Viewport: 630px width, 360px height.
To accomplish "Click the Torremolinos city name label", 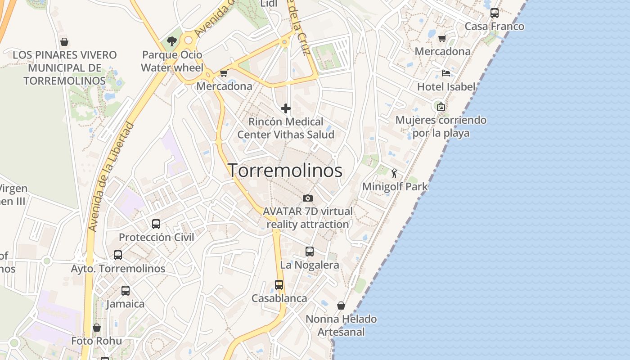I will point(285,171).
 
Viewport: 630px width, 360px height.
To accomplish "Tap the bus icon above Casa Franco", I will point(495,13).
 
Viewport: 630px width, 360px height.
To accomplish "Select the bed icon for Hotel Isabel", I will point(446,73).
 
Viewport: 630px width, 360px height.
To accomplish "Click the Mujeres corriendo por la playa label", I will point(441,126).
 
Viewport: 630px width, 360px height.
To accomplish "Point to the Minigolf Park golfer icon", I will point(395,173).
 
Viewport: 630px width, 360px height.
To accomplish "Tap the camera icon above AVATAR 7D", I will point(308,198).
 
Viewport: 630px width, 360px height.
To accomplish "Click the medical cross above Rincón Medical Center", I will point(286,108).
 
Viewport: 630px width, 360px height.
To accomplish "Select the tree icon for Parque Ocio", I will point(171,41).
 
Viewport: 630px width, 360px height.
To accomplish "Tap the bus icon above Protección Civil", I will point(156,224).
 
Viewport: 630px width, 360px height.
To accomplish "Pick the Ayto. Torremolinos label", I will point(118,269).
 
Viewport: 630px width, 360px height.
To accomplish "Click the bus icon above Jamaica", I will point(126,291).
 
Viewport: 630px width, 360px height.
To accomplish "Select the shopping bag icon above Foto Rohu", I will point(97,328).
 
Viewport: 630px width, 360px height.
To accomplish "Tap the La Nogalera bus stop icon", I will point(310,252).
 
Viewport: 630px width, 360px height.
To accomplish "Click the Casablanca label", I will point(279,298).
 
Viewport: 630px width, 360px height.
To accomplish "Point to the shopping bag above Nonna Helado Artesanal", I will point(341,306).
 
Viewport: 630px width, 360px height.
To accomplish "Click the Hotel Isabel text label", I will point(446,87).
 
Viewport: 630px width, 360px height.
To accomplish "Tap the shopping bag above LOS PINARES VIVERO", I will point(64,42).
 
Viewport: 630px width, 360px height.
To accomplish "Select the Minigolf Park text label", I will point(395,186).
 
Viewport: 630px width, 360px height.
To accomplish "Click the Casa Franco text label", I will point(494,27).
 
